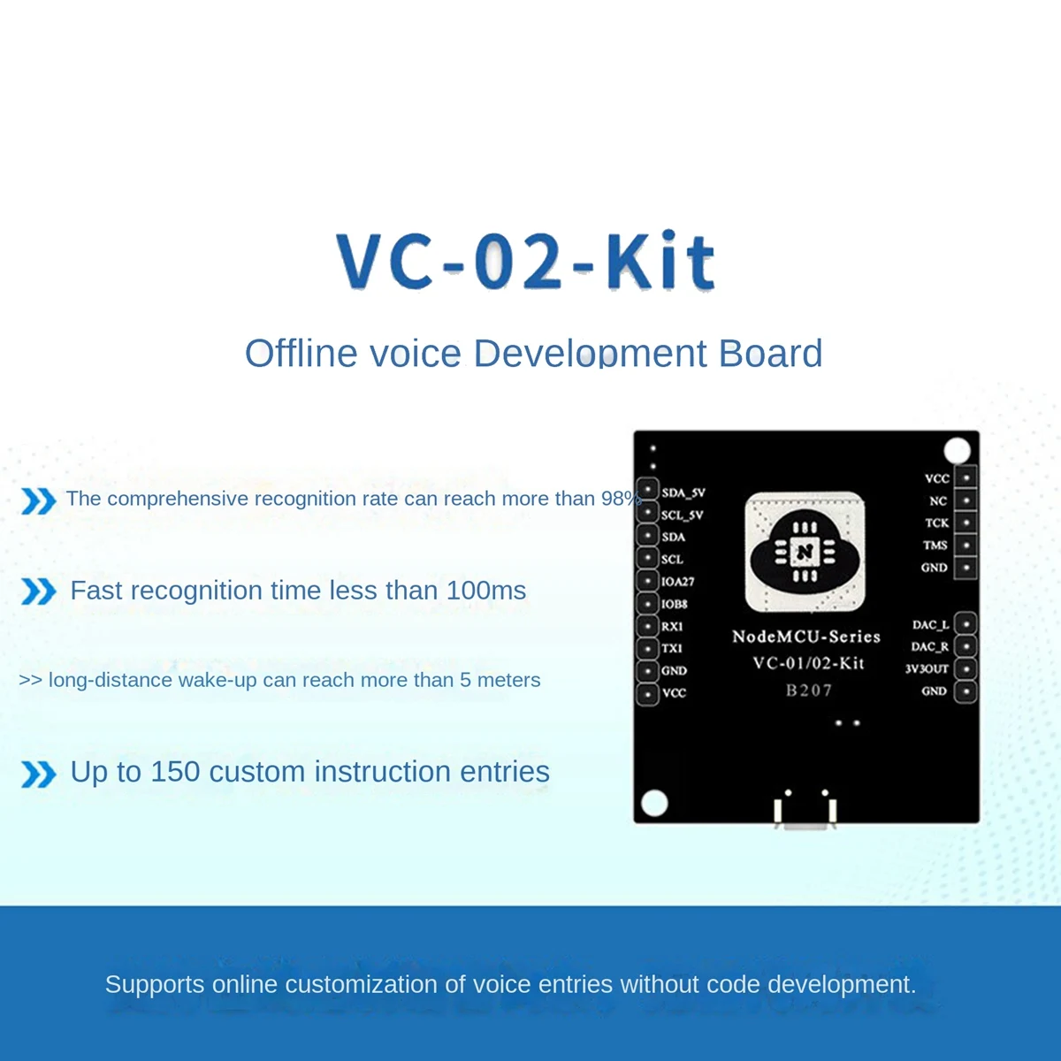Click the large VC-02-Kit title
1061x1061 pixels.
526,262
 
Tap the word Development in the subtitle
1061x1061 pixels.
591,354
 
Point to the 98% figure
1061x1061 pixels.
620,499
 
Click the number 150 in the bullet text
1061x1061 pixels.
175,772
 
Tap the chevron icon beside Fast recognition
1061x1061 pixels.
38,592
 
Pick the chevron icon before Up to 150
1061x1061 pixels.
38,775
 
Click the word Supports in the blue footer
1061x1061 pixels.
155,984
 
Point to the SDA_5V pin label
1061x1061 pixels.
683,492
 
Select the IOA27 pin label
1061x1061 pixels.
678,582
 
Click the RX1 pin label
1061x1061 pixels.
672,626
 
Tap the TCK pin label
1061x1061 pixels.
936,523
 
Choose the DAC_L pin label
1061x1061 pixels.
930,625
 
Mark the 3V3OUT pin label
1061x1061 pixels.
927,669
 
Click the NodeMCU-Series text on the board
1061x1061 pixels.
806,637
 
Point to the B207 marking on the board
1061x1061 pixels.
809,691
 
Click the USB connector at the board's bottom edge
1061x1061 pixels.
805,813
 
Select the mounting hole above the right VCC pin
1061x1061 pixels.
957,451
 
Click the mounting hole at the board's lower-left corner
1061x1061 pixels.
654,803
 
